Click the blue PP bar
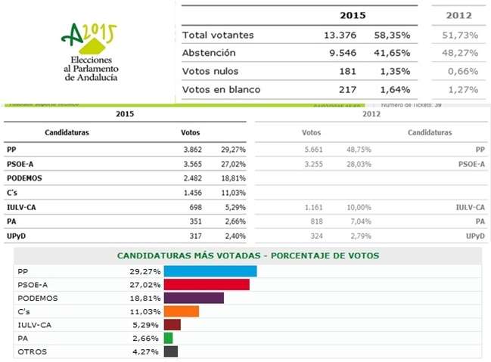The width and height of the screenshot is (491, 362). coord(210,271)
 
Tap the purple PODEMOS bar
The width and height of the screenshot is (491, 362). coord(194,298)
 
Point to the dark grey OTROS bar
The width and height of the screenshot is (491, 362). coord(170,351)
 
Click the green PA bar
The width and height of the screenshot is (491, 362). coord(168,338)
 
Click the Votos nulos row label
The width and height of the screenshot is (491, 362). coord(210,71)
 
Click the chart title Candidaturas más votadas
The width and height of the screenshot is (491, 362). coord(247,256)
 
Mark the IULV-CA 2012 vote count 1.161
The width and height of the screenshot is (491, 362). coord(310,206)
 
